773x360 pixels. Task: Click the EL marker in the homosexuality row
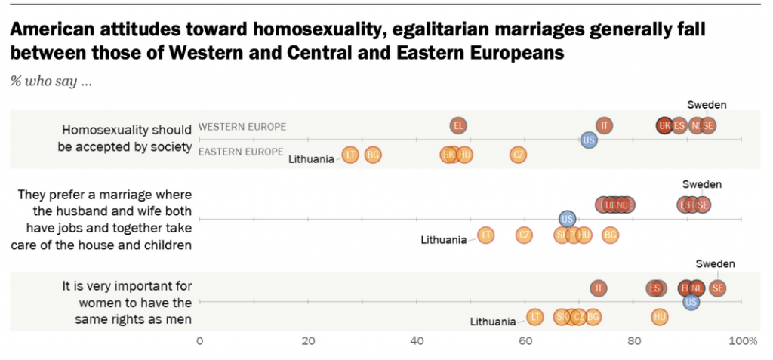click(x=458, y=125)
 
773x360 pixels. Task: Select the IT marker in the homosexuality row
click(x=604, y=125)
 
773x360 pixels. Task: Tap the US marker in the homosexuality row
click(x=589, y=140)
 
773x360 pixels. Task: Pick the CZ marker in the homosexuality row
click(x=518, y=155)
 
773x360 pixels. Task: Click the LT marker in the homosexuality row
click(x=350, y=155)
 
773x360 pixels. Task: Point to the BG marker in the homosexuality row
click(x=372, y=155)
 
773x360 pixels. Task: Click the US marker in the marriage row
click(x=568, y=219)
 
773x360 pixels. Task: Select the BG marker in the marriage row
click(x=610, y=235)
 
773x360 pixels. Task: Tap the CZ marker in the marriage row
click(x=524, y=235)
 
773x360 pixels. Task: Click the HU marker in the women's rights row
click(x=660, y=316)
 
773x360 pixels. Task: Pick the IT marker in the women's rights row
click(x=599, y=288)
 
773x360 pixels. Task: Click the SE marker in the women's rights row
click(x=718, y=288)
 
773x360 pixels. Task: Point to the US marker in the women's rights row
click(x=691, y=302)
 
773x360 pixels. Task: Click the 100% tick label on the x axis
click(x=743, y=341)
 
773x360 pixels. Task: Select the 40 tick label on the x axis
click(x=417, y=341)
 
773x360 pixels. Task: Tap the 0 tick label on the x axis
click(x=200, y=341)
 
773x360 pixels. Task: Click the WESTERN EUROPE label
click(x=242, y=127)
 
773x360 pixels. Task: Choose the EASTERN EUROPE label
click(x=241, y=152)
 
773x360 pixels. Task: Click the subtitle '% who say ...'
click(x=51, y=82)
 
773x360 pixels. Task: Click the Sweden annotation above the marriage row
click(x=702, y=184)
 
